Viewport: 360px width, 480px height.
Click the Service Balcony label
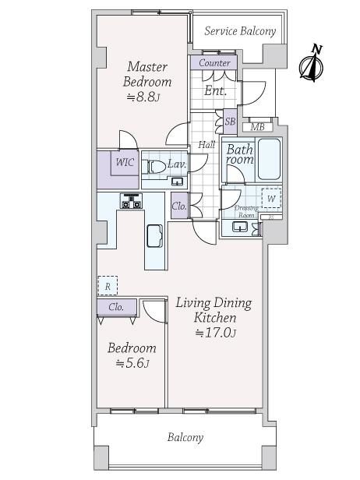point(240,31)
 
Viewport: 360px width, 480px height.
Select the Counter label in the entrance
point(214,63)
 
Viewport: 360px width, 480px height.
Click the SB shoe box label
point(230,122)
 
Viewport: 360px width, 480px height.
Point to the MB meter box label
point(257,127)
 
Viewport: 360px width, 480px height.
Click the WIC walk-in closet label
point(125,162)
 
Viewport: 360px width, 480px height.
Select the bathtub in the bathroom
point(269,159)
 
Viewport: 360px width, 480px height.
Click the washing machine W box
point(271,199)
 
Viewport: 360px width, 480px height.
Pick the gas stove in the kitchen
point(131,201)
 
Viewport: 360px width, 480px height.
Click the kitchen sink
point(154,235)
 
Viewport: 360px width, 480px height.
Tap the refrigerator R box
point(108,286)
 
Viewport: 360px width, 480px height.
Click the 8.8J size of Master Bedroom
point(143,97)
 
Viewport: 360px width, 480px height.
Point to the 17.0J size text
point(216,333)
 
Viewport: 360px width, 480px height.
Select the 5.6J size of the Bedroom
point(132,363)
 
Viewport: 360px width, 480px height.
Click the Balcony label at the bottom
point(185,437)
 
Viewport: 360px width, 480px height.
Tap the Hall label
point(206,144)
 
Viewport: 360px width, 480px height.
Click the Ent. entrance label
point(216,90)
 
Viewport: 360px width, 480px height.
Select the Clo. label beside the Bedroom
point(116,306)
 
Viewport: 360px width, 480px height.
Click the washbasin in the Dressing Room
point(240,228)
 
